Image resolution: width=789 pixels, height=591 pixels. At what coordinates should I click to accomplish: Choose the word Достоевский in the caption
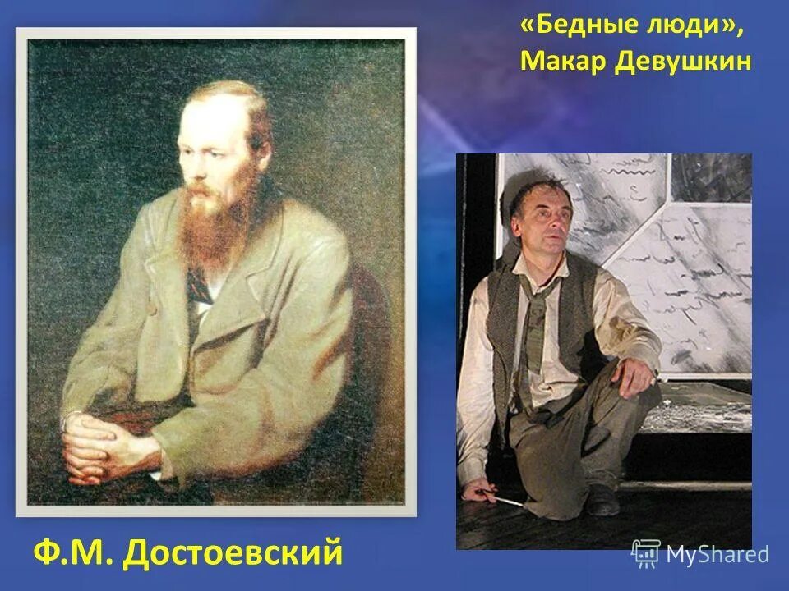[232, 552]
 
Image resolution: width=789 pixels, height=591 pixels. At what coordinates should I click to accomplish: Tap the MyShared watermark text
[717, 554]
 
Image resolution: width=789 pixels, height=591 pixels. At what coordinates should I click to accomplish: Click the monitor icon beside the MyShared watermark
[645, 553]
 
